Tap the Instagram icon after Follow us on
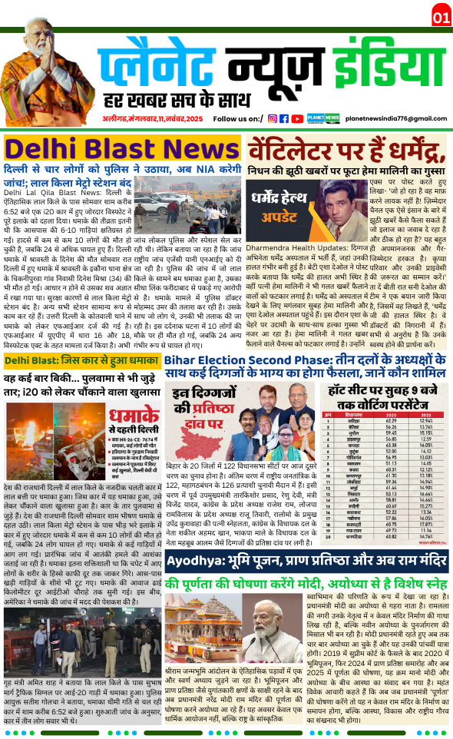tap(272, 118)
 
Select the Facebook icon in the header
tap(284, 118)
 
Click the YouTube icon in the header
tap(297, 118)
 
